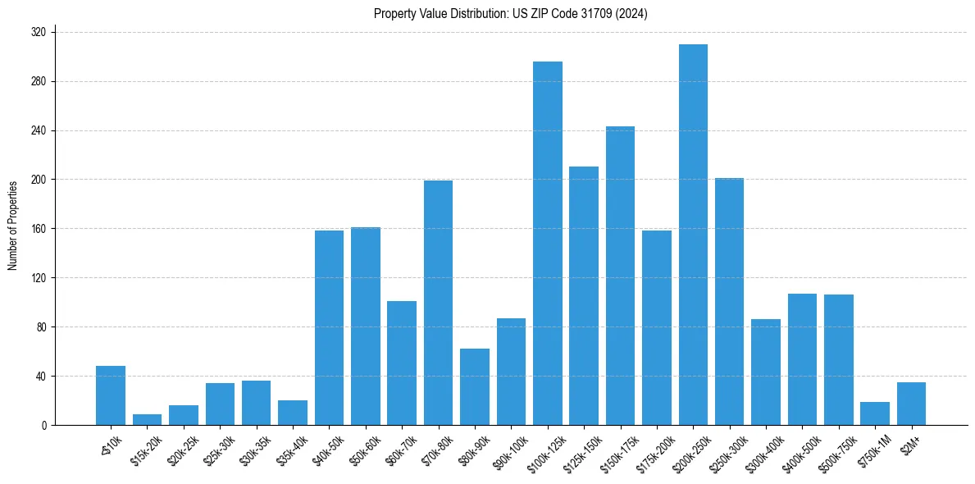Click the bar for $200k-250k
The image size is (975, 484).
pyautogui.click(x=693, y=235)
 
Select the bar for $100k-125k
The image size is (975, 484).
pyautogui.click(x=548, y=244)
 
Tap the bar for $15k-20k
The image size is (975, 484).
pyautogui.click(x=147, y=420)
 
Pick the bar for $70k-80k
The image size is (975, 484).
pyautogui.click(x=438, y=303)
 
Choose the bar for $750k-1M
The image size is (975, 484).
pyautogui.click(x=875, y=413)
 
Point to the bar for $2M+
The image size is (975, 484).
pyautogui.click(x=911, y=404)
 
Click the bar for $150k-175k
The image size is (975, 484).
pyautogui.click(x=620, y=276)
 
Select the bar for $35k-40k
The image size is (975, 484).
pyautogui.click(x=293, y=413)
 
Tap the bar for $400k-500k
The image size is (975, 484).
pyautogui.click(x=802, y=359)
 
